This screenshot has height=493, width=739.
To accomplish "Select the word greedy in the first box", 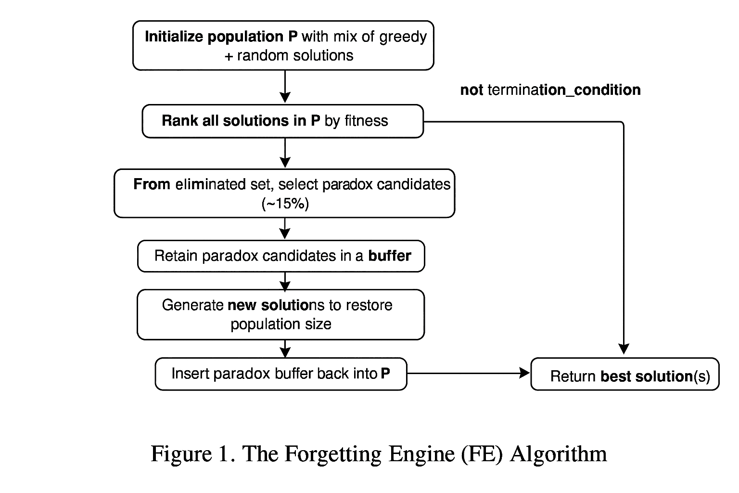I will [403, 37].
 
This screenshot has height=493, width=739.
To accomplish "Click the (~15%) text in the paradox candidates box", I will [285, 204].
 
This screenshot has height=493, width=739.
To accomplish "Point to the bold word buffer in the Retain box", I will [389, 256].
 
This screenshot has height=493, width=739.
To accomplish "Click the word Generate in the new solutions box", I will [192, 305].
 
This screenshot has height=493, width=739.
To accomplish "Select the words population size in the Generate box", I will [280, 324].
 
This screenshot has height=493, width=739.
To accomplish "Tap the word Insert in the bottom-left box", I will [190, 374].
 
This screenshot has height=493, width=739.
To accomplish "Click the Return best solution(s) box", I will [624, 374].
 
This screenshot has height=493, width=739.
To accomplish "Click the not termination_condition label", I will [550, 90].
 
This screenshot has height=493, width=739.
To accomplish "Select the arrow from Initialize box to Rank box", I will [285, 87].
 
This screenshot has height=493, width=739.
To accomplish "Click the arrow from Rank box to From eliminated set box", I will [285, 153].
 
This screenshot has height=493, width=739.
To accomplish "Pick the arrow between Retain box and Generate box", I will [285, 281].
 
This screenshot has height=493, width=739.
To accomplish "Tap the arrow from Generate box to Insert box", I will [285, 349].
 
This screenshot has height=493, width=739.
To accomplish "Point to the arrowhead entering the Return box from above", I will [624, 349].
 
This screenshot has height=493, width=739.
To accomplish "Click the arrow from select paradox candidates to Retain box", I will [285, 229].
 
